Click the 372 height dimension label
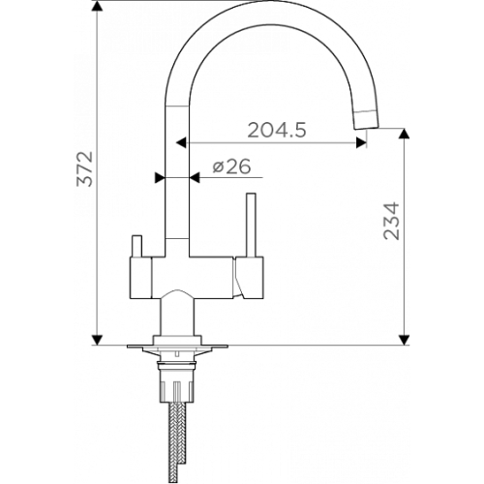click(x=84, y=168)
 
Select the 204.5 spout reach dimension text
click(x=277, y=131)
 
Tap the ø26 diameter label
click(x=231, y=166)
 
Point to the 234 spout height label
click(x=391, y=221)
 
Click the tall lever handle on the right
click(x=251, y=226)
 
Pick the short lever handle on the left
click(x=136, y=246)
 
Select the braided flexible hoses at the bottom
click(x=177, y=442)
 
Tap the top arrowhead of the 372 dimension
click(x=97, y=6)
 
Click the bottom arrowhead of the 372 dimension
click(x=97, y=340)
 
